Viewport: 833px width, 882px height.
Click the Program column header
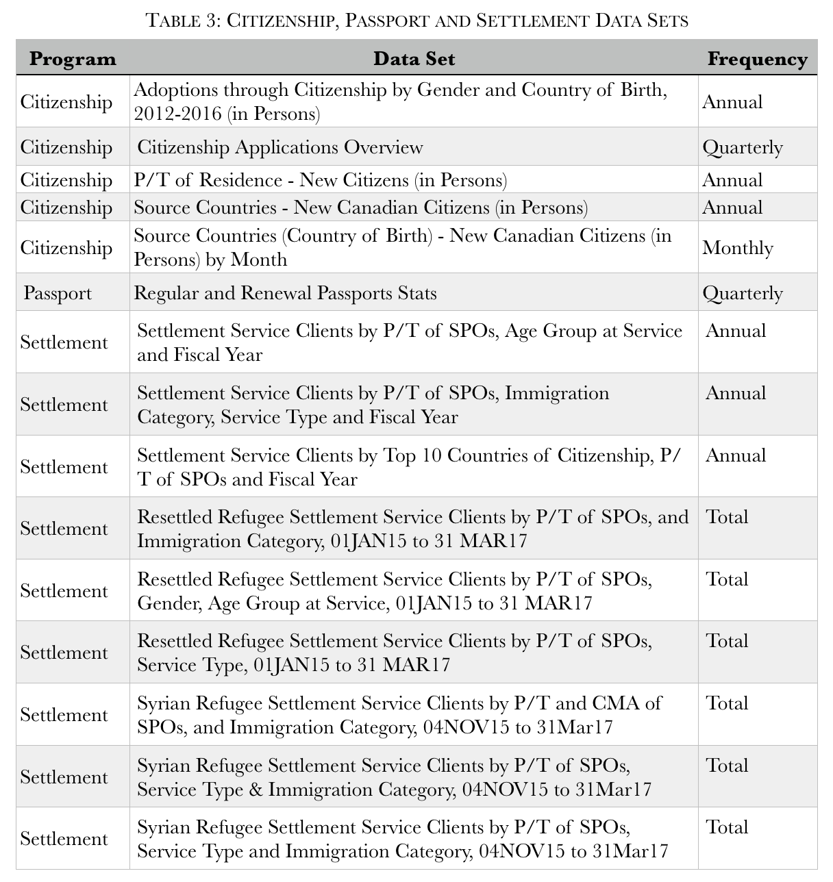(73, 59)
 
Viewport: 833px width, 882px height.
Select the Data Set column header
(414, 59)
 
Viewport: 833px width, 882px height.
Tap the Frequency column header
(757, 59)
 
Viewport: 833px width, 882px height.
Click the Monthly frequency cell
(737, 248)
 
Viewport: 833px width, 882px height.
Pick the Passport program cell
(58, 293)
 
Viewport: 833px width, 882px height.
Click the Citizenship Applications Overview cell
(280, 147)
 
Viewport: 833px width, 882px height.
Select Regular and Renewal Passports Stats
(285, 293)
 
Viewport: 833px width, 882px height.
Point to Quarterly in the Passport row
(742, 293)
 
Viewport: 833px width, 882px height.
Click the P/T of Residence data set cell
(320, 180)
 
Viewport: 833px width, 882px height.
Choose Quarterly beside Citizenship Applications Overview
(742, 147)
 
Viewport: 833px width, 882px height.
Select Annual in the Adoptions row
(732, 102)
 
